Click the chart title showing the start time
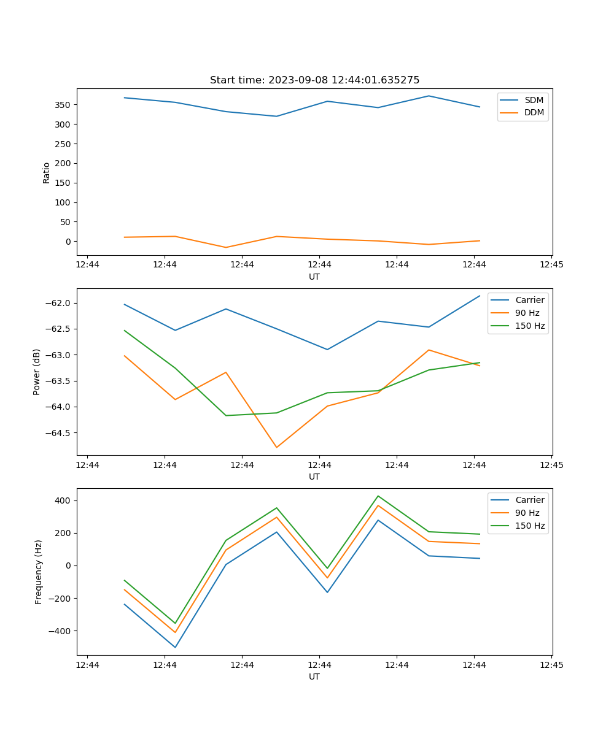pos(314,80)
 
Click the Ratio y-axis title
pos(47,172)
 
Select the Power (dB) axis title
pos(37,372)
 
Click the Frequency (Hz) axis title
pos(38,572)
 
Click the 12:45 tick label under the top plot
pos(551,265)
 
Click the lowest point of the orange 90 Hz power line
pos(276,447)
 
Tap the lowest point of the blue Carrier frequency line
pos(175,647)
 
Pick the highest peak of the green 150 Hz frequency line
pos(378,496)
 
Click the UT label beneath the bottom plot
pos(314,677)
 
